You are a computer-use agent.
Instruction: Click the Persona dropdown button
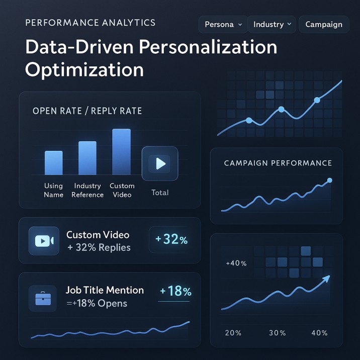point(223,24)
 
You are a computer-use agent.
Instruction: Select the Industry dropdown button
point(272,24)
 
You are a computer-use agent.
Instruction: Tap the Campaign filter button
point(324,24)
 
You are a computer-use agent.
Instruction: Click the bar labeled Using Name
point(54,162)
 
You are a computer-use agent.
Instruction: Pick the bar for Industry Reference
point(87,158)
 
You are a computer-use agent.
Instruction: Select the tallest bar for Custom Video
point(121,152)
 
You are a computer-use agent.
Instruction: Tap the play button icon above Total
point(160,163)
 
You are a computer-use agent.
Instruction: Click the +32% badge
point(171,240)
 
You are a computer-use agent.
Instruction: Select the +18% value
point(175,292)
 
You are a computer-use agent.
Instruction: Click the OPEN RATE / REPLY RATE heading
point(87,111)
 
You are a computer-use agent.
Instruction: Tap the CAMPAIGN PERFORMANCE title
point(278,163)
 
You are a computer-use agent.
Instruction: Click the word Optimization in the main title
point(84,69)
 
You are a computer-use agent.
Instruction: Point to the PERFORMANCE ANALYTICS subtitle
point(90,23)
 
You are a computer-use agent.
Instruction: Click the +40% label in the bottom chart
point(236,263)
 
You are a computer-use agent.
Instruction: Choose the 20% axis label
point(233,333)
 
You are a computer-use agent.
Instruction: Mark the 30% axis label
point(277,333)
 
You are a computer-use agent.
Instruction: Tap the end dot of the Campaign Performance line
point(330,180)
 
